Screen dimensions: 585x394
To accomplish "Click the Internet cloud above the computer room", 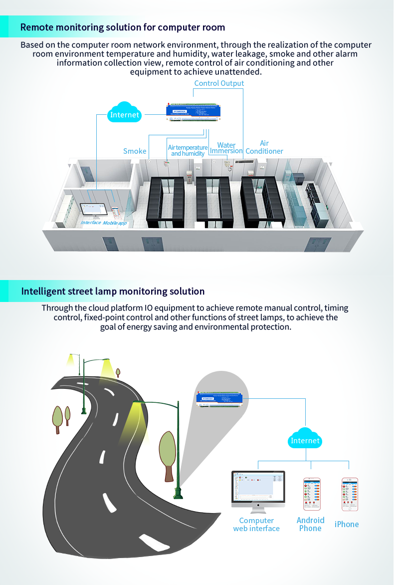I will pyautogui.click(x=125, y=114).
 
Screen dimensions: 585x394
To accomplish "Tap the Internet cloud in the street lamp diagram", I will pyautogui.click(x=305, y=440).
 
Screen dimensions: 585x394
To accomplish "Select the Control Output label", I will pyautogui.click(x=219, y=83).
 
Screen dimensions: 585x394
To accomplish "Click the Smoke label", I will pyautogui.click(x=135, y=151).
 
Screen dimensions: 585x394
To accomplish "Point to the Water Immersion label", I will pyautogui.click(x=226, y=148).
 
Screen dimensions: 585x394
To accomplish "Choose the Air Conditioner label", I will pyautogui.click(x=264, y=147).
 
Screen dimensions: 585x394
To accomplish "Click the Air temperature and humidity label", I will pyautogui.click(x=188, y=150).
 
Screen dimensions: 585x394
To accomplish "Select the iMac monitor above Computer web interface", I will pyautogui.click(x=258, y=489).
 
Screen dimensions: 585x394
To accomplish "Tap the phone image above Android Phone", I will pyautogui.click(x=312, y=494).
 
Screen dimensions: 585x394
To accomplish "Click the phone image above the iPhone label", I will pyautogui.click(x=350, y=494).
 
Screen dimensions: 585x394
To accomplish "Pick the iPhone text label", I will pyautogui.click(x=347, y=524).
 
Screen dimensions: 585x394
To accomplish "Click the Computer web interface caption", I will pyautogui.click(x=256, y=525).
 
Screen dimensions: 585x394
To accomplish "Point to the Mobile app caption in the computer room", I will pyautogui.click(x=115, y=223).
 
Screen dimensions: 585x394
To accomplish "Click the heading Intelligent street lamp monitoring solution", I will pyautogui.click(x=113, y=292).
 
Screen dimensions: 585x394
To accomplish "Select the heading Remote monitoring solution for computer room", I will pyautogui.click(x=123, y=27).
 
